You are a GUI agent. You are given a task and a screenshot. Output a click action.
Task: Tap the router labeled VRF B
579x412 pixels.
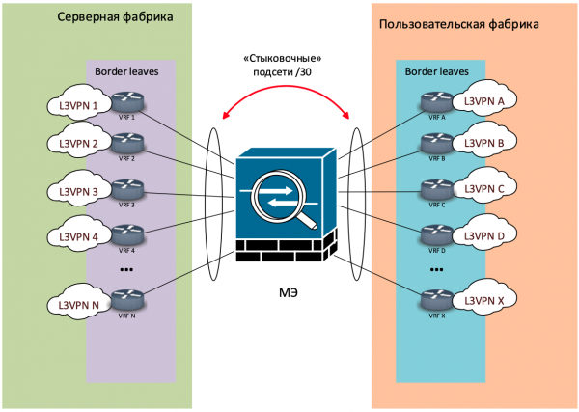point(436,145)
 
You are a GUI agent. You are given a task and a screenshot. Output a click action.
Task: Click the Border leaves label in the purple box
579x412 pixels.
point(125,70)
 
